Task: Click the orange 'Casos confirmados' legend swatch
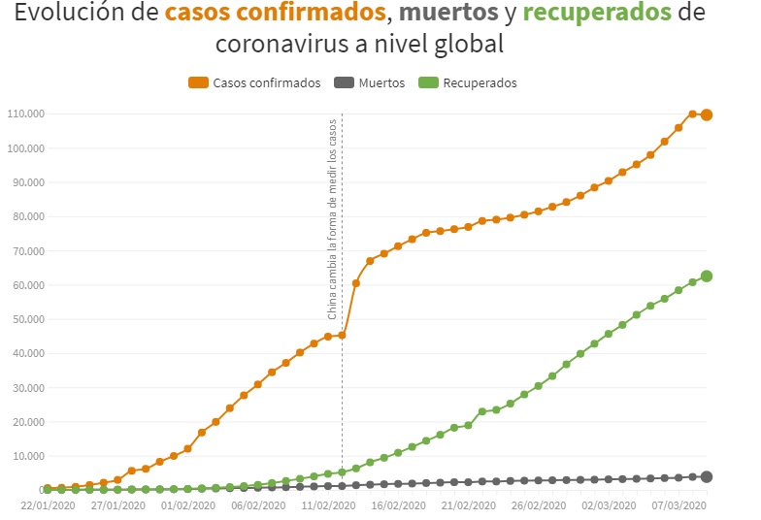point(198,83)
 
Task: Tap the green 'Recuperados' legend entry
point(480,83)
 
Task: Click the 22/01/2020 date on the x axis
point(47,504)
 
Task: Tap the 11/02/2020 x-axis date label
point(327,504)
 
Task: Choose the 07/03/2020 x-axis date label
point(678,504)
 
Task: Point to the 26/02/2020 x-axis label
point(538,504)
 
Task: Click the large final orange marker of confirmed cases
point(707,114)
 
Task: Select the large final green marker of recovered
point(707,276)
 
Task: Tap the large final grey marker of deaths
point(707,476)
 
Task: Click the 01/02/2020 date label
point(186,504)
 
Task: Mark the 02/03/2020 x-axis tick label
point(608,504)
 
